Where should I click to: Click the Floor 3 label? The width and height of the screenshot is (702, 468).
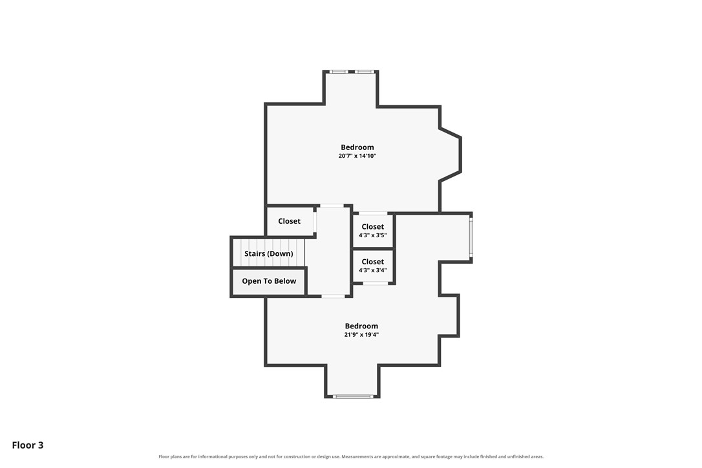pos(28,445)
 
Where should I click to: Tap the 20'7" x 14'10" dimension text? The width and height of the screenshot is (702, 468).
pos(357,156)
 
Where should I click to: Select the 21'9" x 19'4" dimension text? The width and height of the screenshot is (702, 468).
pos(361,335)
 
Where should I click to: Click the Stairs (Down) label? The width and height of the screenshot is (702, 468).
pos(269,253)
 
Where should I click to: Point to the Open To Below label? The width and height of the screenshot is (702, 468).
pos(269,281)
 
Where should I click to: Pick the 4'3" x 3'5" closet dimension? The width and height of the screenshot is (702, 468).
pos(372,235)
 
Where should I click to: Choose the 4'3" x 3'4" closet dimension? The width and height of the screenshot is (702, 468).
pos(372,270)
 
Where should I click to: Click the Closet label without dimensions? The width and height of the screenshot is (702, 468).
pos(289,221)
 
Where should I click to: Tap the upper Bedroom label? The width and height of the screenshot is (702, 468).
pos(357,147)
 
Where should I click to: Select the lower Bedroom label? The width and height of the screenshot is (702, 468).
pos(361,326)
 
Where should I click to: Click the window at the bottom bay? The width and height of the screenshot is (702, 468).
pos(353,396)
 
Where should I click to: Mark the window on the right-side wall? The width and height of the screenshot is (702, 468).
pos(471,238)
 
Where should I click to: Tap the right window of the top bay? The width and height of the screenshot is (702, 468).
pos(365,71)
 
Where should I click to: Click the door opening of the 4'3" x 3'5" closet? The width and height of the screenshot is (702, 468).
pos(374,213)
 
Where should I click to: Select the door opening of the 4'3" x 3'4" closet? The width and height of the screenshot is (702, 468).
pos(375,283)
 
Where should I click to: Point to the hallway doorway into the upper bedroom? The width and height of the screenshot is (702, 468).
pos(332,206)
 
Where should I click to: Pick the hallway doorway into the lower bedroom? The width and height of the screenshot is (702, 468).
pos(333,296)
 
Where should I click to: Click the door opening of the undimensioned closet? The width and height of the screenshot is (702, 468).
pos(315,221)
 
